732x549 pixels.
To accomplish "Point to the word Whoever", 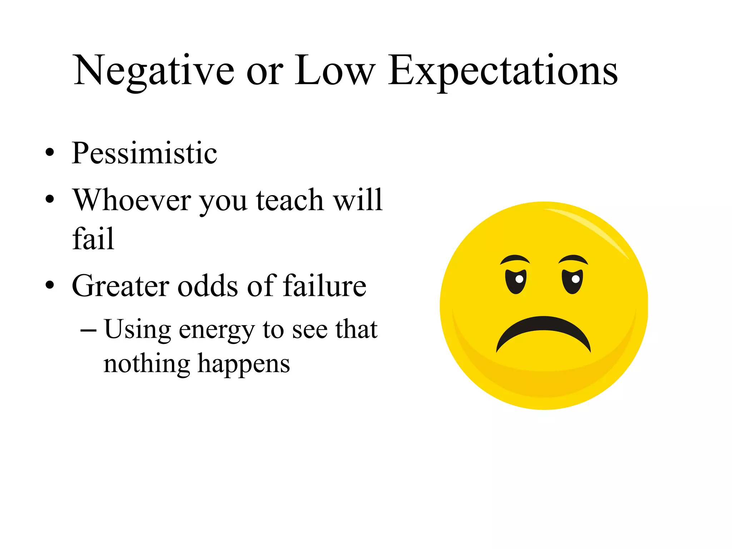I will [x=132, y=200].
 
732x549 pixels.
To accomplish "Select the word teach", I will [x=290, y=200].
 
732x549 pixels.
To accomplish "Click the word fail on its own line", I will [x=93, y=238].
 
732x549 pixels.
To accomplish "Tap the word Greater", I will [x=120, y=286].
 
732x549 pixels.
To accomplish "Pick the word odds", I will [x=208, y=286].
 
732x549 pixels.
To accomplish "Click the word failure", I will [x=325, y=286].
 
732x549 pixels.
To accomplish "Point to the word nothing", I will [x=147, y=364].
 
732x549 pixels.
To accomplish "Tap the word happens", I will [x=244, y=364].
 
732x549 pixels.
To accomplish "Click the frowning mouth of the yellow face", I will [x=544, y=331].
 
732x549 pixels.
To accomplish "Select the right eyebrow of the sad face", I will [x=573, y=259].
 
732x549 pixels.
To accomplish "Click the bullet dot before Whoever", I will [x=50, y=199].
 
